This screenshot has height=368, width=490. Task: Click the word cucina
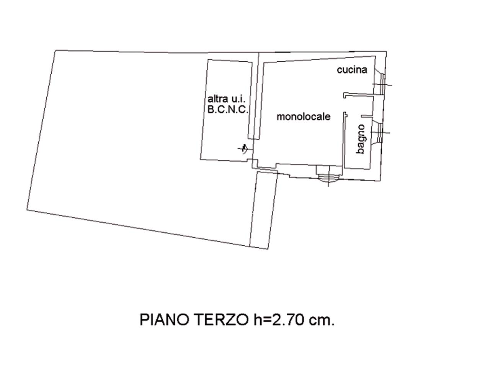point(352,70)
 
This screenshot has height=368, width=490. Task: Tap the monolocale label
point(303,117)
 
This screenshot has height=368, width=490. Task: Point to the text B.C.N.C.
point(228,110)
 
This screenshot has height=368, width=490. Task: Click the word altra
point(218,99)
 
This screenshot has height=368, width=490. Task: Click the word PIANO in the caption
point(164,320)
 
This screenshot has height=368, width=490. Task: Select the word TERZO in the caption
point(222,320)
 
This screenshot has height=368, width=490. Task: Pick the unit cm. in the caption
point(322,321)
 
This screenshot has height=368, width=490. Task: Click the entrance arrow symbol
point(245,149)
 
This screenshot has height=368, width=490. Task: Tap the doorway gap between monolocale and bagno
point(345,105)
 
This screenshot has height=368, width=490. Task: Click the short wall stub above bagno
point(367,116)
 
